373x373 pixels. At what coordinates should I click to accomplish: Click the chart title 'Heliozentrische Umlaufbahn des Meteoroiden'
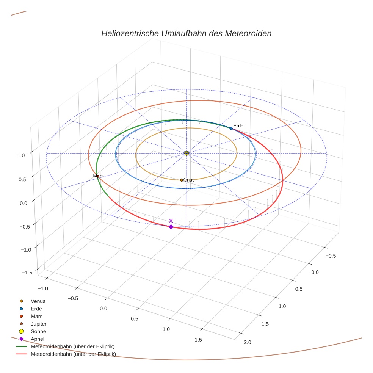(x=186, y=33)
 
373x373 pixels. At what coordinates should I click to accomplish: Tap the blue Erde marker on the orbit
(x=231, y=129)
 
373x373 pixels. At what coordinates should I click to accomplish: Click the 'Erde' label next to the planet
(x=238, y=125)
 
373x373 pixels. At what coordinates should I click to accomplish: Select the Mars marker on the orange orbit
(x=98, y=176)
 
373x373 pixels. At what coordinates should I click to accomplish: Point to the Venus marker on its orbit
(x=182, y=180)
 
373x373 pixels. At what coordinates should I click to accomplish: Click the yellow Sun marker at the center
(x=186, y=153)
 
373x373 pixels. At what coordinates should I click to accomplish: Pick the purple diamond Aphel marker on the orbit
(x=171, y=227)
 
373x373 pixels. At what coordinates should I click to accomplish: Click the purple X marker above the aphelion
(x=171, y=221)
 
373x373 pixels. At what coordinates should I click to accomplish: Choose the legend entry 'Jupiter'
(x=38, y=324)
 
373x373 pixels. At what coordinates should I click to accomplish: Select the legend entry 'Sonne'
(x=38, y=331)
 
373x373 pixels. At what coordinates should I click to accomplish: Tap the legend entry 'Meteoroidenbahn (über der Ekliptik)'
(x=72, y=346)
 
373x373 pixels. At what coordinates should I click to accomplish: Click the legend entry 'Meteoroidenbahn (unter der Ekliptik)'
(x=73, y=354)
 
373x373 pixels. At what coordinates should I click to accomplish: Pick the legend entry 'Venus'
(x=38, y=301)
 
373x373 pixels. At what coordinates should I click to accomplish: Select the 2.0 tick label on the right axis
(x=247, y=343)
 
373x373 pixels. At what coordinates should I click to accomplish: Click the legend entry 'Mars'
(x=36, y=316)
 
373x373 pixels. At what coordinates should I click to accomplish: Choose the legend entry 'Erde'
(x=36, y=309)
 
